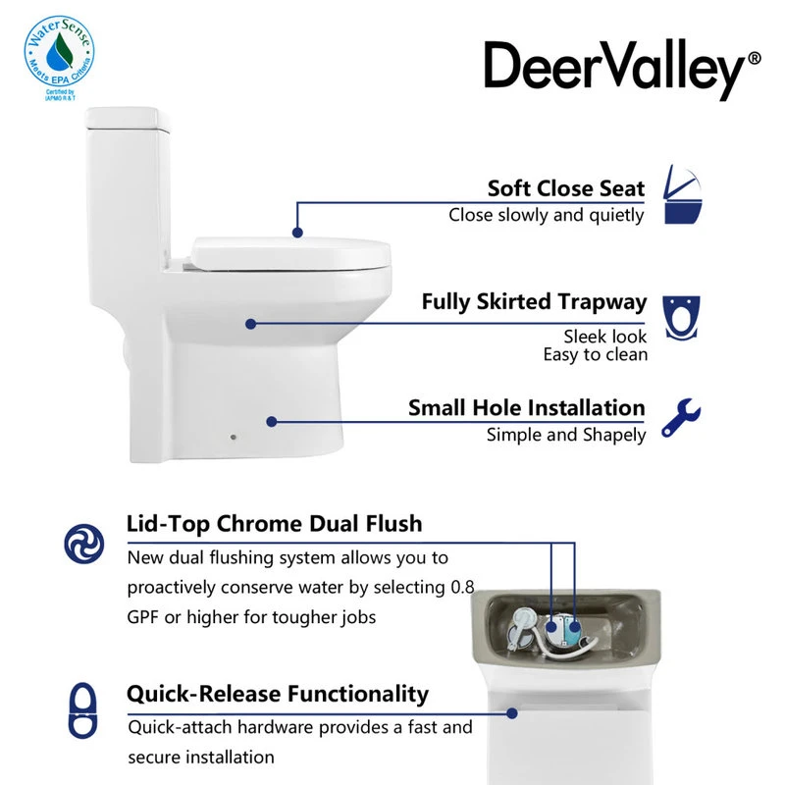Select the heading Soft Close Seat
pyautogui.click(x=566, y=188)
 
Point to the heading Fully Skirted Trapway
pyautogui.click(x=534, y=301)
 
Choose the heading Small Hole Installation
pyautogui.click(x=526, y=407)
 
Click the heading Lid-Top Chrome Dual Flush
pyautogui.click(x=274, y=523)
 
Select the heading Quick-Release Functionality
pyautogui.click(x=277, y=694)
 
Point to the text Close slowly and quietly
pyautogui.click(x=547, y=215)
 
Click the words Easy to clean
pyautogui.click(x=595, y=354)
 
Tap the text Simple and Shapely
pyautogui.click(x=566, y=434)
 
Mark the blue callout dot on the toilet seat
pyautogui.click(x=296, y=232)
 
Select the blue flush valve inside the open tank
pyautogui.click(x=570, y=625)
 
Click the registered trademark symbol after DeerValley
pyautogui.click(x=754, y=59)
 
